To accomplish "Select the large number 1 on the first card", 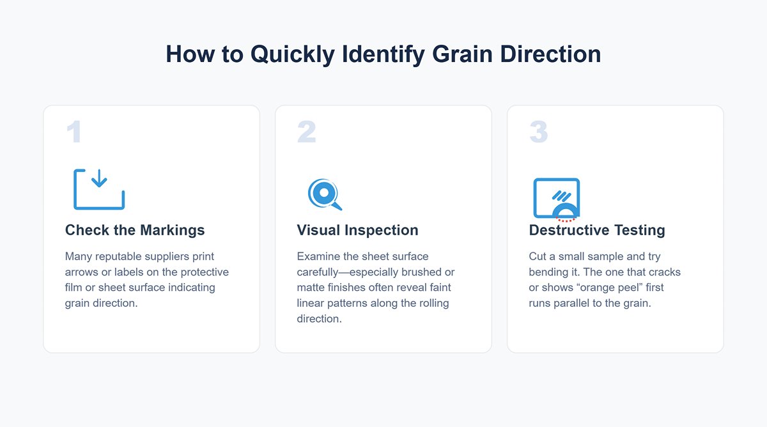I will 74,132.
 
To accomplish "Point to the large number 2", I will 306,132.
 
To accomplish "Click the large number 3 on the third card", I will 539,132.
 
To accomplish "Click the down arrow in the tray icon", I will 99,180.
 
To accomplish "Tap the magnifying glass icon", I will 324,194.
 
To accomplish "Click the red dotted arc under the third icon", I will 566,219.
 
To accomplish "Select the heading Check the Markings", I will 135,230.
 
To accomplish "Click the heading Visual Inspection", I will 357,230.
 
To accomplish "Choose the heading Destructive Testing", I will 597,230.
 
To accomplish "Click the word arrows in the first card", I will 81,272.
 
